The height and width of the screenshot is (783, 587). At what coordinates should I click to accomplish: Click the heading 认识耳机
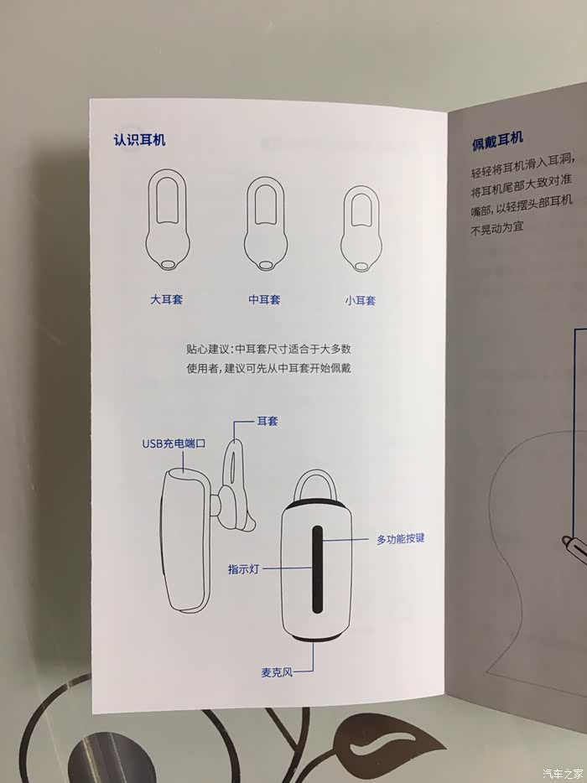click(x=139, y=140)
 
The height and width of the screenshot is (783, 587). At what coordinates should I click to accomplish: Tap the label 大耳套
click(x=167, y=299)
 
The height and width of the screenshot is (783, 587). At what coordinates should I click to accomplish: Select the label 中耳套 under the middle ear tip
click(x=264, y=299)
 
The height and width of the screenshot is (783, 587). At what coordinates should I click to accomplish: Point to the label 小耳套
click(x=360, y=301)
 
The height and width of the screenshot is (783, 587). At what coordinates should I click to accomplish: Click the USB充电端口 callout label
click(x=174, y=443)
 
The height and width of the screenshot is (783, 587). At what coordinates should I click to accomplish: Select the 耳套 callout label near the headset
click(x=268, y=421)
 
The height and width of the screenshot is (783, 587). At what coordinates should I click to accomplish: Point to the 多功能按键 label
click(x=401, y=539)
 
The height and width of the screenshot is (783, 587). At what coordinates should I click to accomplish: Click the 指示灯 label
click(x=244, y=568)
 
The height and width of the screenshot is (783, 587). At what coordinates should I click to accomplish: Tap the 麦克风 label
click(x=276, y=672)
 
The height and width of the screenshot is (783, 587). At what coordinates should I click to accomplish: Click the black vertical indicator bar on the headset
click(x=317, y=569)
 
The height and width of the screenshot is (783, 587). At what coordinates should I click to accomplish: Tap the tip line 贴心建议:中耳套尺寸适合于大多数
click(x=269, y=349)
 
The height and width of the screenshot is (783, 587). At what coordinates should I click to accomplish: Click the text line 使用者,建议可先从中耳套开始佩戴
click(x=269, y=368)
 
